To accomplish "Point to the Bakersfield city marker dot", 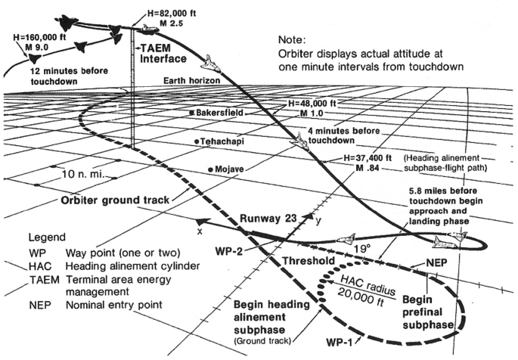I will coord(193,113).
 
